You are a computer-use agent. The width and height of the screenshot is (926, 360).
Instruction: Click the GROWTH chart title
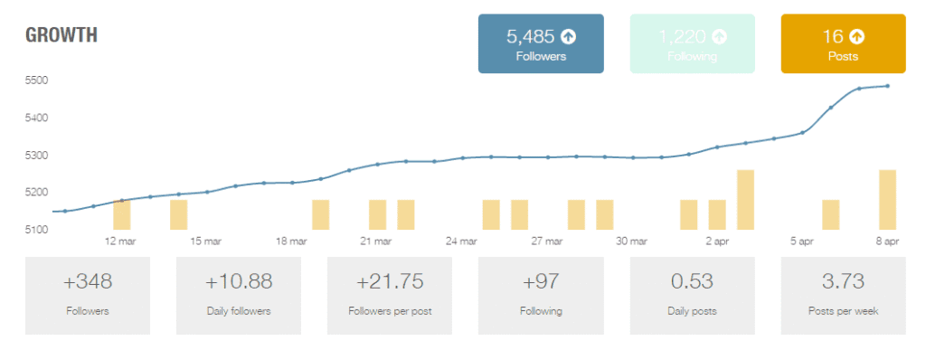click(x=61, y=36)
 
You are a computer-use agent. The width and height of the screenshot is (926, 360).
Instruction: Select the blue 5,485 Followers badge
click(x=541, y=43)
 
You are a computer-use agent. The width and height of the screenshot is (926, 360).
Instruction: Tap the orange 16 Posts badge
click(x=843, y=43)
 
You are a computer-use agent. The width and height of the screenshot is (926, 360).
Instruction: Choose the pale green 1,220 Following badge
click(x=692, y=43)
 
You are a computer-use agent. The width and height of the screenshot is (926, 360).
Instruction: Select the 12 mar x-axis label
click(x=120, y=242)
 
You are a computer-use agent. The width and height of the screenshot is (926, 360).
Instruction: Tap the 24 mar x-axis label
click(x=461, y=242)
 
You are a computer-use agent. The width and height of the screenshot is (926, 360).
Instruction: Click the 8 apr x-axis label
click(x=886, y=242)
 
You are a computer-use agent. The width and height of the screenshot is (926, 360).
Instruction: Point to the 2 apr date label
click(x=716, y=242)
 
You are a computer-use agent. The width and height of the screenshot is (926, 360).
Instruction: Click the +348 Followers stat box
click(x=88, y=295)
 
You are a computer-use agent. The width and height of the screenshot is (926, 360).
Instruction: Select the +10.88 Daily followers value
click(x=239, y=282)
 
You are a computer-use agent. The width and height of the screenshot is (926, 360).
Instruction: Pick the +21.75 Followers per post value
click(x=390, y=282)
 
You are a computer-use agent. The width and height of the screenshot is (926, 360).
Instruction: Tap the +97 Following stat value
click(x=541, y=282)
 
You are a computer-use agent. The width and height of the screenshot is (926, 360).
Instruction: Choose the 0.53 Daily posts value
click(x=692, y=282)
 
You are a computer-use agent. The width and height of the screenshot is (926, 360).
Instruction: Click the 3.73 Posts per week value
click(x=843, y=282)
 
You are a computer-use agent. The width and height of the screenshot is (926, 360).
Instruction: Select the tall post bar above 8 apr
click(x=887, y=199)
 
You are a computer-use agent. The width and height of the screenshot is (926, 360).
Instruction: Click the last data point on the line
click(x=887, y=86)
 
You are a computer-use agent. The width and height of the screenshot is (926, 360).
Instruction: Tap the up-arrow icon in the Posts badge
click(x=856, y=37)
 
